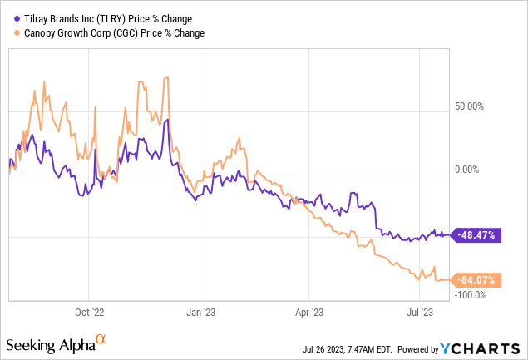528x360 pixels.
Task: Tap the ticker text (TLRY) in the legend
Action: [99, 18]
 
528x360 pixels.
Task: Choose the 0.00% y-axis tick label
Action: [470, 170]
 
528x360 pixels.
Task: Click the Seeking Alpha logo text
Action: [49, 343]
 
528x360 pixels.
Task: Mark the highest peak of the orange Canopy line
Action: [169, 77]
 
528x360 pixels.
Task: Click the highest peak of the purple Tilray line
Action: [167, 120]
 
